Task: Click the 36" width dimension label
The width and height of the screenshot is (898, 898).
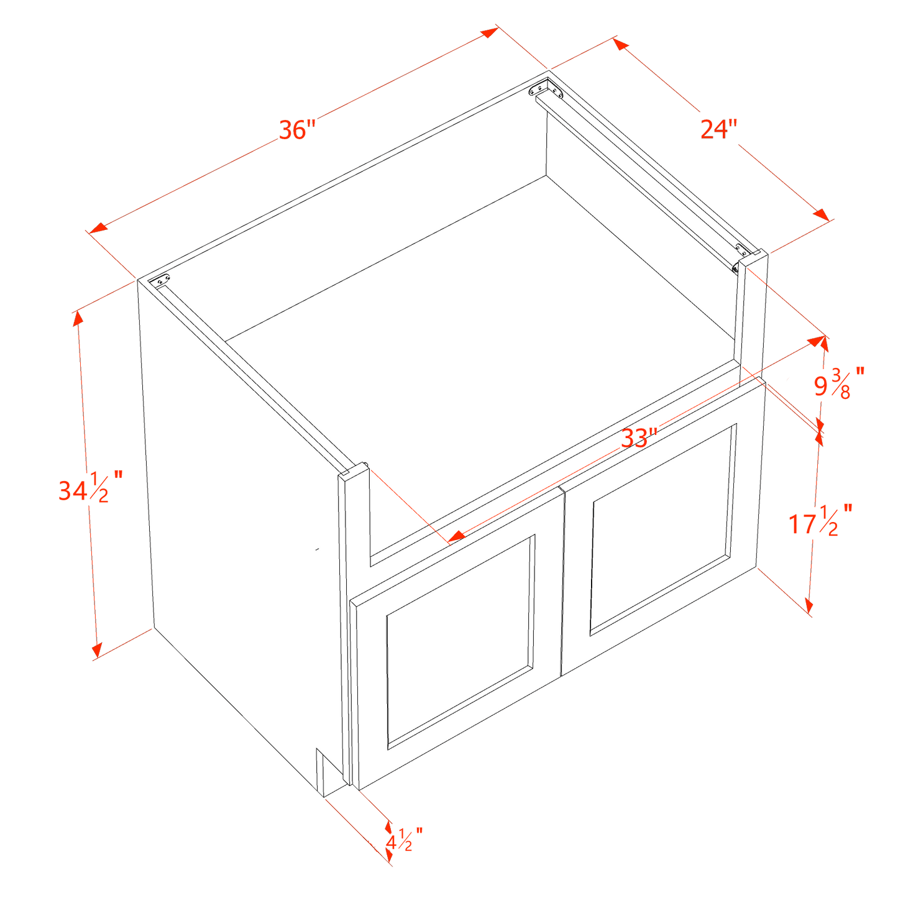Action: [x=298, y=129]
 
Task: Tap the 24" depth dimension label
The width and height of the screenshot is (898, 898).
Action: [x=718, y=129]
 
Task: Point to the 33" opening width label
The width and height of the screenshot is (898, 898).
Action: [x=639, y=438]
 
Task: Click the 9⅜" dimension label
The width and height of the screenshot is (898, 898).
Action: [x=838, y=383]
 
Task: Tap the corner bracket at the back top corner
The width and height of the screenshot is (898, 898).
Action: [x=545, y=88]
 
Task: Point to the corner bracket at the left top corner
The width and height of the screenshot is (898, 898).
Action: [x=162, y=280]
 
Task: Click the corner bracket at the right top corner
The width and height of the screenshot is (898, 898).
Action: [x=741, y=250]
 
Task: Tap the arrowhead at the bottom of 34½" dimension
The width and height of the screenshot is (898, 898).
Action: [x=96, y=649]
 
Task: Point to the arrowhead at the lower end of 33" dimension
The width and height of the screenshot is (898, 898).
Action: [x=457, y=536]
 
